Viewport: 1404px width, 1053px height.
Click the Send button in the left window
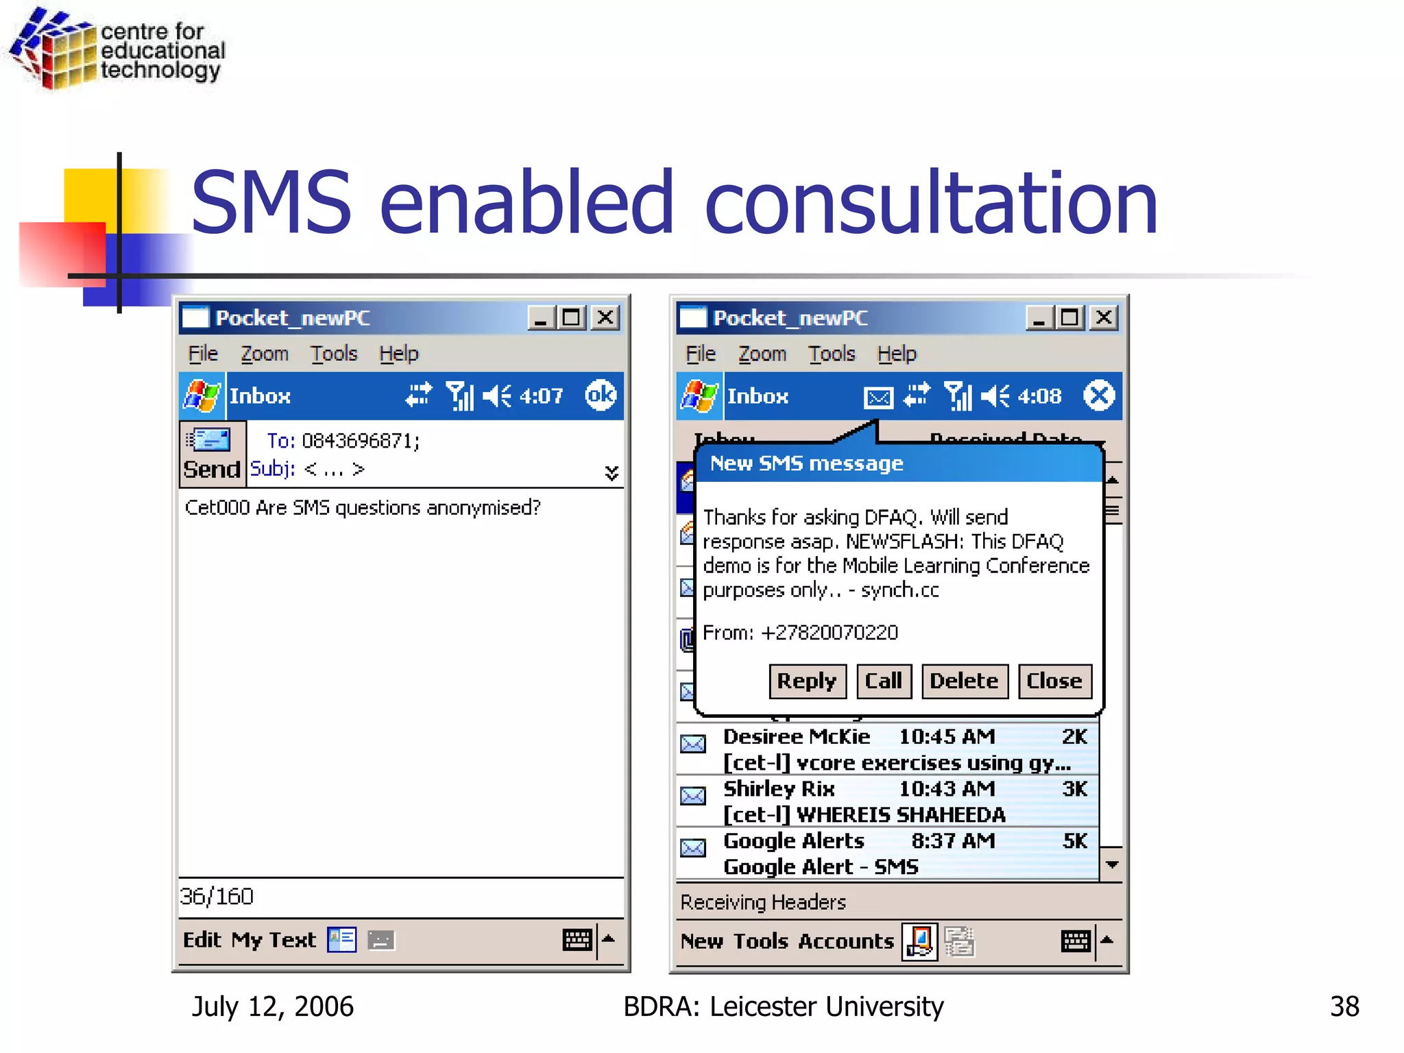click(x=212, y=454)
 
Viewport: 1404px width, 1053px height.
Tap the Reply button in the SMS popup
click(x=807, y=681)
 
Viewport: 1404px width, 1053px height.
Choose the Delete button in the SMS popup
click(x=964, y=681)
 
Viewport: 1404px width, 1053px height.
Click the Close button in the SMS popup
click(x=1054, y=681)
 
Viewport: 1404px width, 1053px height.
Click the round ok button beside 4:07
click(x=601, y=396)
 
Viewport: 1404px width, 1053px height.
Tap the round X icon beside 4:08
click(x=1099, y=396)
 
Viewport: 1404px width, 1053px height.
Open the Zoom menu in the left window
click(x=264, y=354)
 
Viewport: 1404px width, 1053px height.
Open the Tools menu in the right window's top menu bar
click(x=832, y=354)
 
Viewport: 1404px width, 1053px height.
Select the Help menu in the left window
click(x=398, y=354)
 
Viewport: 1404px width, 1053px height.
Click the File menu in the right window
click(x=701, y=354)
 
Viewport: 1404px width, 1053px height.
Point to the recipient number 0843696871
click(x=359, y=441)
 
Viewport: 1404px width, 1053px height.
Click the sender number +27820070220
click(x=830, y=632)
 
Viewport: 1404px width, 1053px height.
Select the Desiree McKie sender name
click(x=797, y=736)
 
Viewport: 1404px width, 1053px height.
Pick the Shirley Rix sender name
click(x=779, y=788)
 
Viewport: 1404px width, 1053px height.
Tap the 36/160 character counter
click(x=217, y=896)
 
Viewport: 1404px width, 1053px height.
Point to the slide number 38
click(x=1344, y=1006)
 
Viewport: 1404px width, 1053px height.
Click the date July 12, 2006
click(x=273, y=1006)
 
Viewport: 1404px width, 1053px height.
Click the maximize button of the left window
click(x=571, y=317)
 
